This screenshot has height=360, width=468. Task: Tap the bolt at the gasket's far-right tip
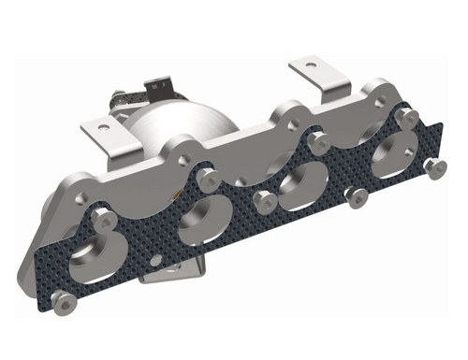[x=430, y=166]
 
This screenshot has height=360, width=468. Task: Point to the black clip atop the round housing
[x=172, y=86]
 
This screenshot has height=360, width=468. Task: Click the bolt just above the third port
[x=317, y=142]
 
